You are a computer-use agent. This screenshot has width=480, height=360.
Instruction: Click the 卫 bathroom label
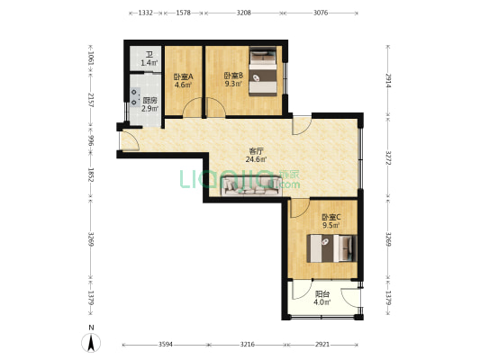pos(149,55)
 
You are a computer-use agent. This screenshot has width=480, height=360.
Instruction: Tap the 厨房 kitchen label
pos(150,100)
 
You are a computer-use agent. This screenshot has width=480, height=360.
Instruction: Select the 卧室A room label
pos(184,76)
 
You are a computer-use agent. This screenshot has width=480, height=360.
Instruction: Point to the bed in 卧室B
pos(263,71)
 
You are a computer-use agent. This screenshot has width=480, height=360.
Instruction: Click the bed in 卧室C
pos(332,248)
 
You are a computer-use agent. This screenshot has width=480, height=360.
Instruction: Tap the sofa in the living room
pos(251,185)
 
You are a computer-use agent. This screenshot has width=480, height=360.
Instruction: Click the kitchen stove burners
pos(134,97)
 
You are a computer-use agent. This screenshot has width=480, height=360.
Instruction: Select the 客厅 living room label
pos(256,151)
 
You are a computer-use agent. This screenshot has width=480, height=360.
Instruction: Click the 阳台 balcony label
pos(322,294)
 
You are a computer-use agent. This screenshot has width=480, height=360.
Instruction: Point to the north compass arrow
pos(91,343)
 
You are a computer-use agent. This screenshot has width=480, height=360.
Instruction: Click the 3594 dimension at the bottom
pos(166,345)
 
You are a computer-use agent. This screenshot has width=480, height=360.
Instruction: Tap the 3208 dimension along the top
pos(244,13)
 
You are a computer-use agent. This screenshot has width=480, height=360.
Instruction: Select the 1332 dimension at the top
pos(145,13)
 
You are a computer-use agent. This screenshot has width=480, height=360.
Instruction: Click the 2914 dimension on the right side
pos(388,80)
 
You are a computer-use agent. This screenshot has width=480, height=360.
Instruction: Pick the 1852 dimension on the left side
pos(91,175)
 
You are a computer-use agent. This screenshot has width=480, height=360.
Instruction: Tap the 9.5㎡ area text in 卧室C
pos(331,225)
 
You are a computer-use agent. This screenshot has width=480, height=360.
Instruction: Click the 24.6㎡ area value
pos(256,159)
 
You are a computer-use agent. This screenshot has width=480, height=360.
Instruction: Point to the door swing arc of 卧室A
pos(193,107)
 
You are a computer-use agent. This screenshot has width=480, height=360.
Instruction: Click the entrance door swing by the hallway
pos(131,140)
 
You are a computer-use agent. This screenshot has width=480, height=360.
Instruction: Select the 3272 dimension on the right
pos(388,157)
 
